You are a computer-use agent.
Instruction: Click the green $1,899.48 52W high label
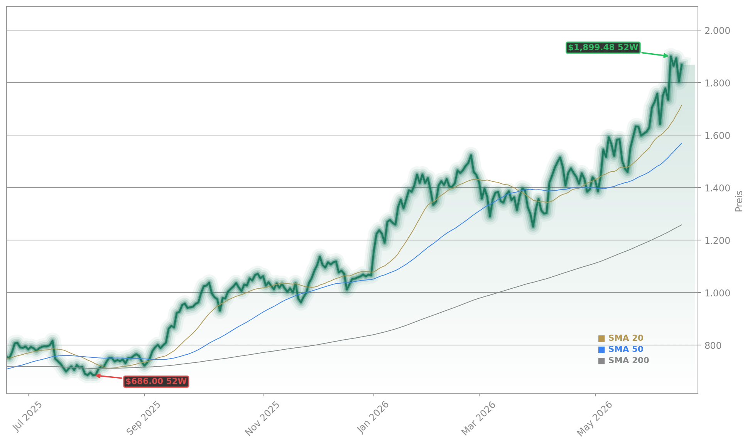(x=603, y=47)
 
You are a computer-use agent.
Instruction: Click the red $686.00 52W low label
(x=156, y=381)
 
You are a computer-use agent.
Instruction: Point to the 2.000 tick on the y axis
(x=717, y=30)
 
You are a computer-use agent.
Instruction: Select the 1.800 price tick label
(x=717, y=83)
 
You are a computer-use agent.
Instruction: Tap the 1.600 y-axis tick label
(x=717, y=135)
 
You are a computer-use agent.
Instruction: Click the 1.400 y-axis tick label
(x=717, y=188)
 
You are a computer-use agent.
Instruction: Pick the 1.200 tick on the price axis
(x=717, y=240)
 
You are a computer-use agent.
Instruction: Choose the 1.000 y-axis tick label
(x=717, y=293)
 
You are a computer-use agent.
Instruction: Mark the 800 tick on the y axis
(x=713, y=345)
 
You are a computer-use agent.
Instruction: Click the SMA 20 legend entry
(x=621, y=338)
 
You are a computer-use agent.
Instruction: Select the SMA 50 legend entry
(x=621, y=349)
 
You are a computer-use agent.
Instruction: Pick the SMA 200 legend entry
(x=623, y=360)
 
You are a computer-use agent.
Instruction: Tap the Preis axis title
(x=739, y=201)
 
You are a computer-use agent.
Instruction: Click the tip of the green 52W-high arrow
(x=669, y=56)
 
